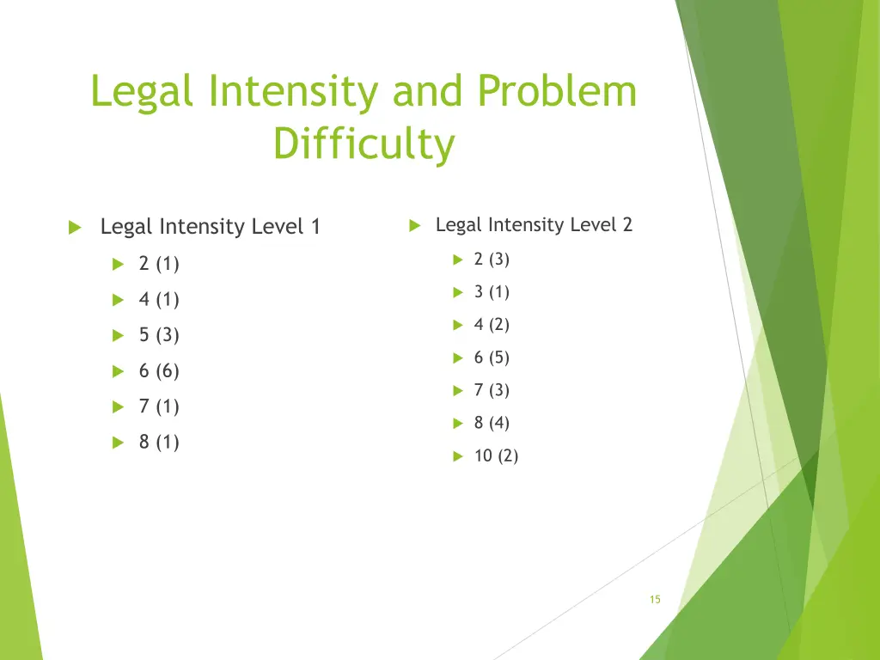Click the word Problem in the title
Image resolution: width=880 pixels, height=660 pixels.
click(x=557, y=93)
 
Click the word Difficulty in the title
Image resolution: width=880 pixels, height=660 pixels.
click(x=364, y=144)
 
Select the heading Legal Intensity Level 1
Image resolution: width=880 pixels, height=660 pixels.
click(x=210, y=227)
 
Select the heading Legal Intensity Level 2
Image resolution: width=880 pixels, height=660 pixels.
click(x=534, y=225)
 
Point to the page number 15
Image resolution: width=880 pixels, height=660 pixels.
click(x=655, y=600)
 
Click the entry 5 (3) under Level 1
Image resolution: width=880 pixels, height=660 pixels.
click(x=159, y=335)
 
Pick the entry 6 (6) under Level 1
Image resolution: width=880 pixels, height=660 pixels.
click(x=159, y=371)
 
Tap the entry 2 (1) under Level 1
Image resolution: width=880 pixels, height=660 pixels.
click(x=159, y=264)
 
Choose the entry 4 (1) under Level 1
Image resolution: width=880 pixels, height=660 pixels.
click(x=159, y=300)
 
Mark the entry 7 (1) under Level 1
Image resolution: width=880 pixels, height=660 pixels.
click(x=159, y=406)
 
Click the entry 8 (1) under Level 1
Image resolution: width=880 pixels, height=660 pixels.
click(x=159, y=443)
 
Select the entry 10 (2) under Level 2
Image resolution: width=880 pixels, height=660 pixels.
click(x=496, y=456)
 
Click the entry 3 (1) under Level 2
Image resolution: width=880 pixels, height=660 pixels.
click(x=492, y=292)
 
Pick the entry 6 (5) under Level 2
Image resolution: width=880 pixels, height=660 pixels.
click(x=492, y=357)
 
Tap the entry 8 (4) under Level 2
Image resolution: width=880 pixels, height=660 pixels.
click(x=492, y=423)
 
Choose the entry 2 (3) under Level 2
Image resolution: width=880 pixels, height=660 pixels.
click(x=492, y=260)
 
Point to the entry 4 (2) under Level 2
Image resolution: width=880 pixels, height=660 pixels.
click(x=492, y=325)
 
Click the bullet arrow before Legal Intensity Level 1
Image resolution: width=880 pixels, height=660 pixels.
click(x=74, y=228)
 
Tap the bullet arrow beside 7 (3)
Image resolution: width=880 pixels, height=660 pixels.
click(x=458, y=391)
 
